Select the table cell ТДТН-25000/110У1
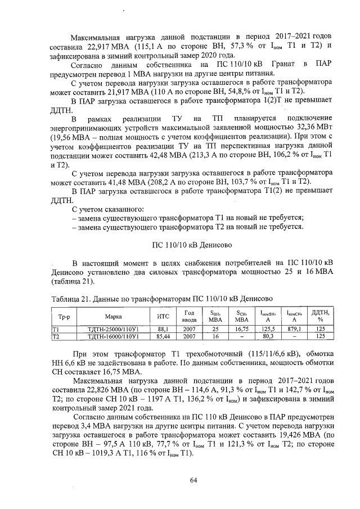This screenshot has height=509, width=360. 114,330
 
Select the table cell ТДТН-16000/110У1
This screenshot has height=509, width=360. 114,336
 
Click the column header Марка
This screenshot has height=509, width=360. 114,317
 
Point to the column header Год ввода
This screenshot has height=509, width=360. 189,317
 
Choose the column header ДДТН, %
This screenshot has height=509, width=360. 321,317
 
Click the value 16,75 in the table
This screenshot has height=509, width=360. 242,330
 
